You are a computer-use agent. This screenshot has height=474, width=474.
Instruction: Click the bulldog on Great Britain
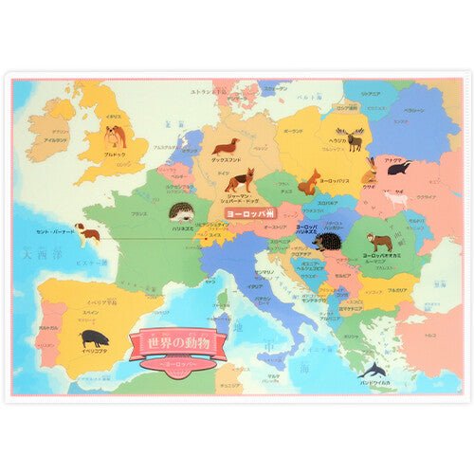[116, 135]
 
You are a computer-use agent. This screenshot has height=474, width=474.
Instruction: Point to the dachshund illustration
[226, 147]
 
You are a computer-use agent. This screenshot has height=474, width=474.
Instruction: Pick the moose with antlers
[355, 139]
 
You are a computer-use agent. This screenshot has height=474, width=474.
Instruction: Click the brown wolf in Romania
[381, 244]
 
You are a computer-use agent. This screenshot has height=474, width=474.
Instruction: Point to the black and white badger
[398, 169]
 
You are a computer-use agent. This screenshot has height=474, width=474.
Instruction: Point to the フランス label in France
[139, 214]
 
